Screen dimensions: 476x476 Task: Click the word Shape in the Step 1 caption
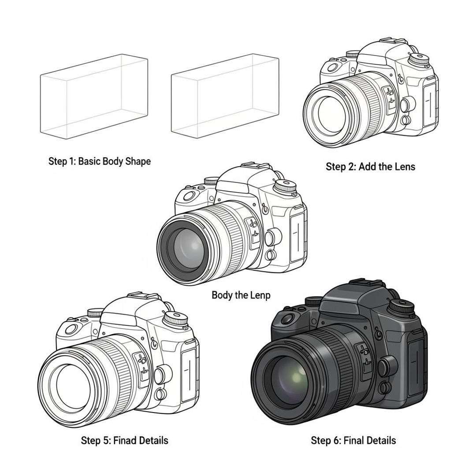[137, 162]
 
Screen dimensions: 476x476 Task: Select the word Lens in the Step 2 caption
[404, 167]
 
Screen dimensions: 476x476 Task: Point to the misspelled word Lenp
[260, 295]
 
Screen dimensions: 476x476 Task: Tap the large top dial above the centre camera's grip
[286, 186]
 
